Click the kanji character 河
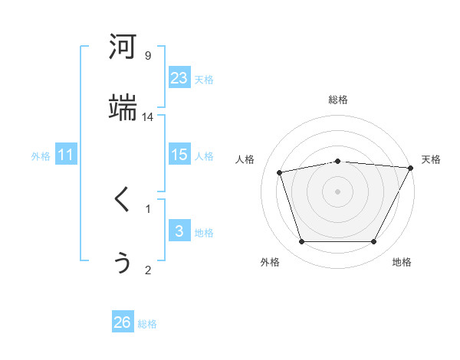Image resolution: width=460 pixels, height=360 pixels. pos(123,47)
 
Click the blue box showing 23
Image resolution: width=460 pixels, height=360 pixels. pos(179,78)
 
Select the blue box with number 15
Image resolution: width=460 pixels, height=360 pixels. pos(179,155)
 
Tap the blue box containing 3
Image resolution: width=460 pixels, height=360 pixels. pos(179,231)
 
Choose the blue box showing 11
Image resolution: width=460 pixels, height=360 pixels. pos(66,155)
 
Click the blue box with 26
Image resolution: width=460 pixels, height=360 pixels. pos(123,322)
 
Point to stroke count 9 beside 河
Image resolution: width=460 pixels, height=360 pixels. pos(148,55)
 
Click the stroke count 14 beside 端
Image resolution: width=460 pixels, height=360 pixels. pos(148,116)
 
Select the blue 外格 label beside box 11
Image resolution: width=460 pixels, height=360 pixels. pos(41,155)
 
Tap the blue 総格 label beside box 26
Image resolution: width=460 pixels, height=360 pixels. pos(147,324)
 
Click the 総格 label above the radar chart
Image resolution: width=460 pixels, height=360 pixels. pos(338,100)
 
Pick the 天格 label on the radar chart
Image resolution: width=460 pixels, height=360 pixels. pos(431,159)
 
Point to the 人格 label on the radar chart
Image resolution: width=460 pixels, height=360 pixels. pos(246,159)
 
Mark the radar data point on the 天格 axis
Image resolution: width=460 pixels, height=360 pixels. pos(411,168)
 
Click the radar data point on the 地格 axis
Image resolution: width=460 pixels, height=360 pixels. pos(374,242)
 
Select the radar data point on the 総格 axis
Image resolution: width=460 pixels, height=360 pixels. pos(338,161)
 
